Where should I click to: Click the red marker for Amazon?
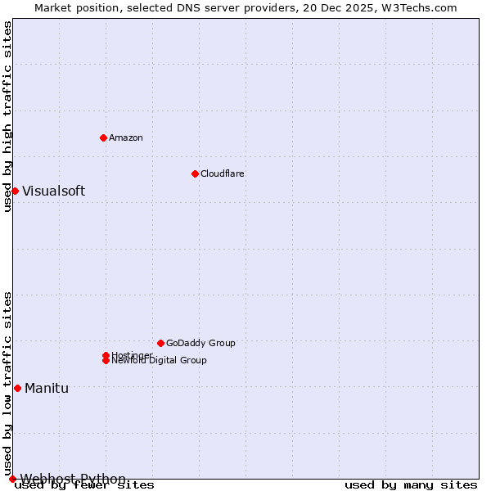click(104, 137)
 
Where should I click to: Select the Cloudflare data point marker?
click(195, 173)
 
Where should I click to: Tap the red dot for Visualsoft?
click(15, 191)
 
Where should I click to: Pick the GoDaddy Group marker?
click(160, 343)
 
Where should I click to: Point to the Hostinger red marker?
click(106, 355)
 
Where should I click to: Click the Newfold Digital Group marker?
click(106, 361)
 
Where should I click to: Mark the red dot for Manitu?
click(17, 388)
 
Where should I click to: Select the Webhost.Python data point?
click(12, 479)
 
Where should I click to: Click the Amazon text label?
click(126, 137)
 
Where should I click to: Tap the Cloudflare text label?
click(222, 173)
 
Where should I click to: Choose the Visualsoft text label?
click(53, 191)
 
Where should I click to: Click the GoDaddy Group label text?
click(200, 343)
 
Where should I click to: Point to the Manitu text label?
click(47, 388)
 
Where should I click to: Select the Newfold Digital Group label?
click(160, 361)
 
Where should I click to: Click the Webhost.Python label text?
click(73, 479)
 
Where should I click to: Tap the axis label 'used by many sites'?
click(411, 485)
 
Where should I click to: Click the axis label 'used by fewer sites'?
click(85, 485)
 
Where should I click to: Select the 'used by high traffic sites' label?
click(7, 116)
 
